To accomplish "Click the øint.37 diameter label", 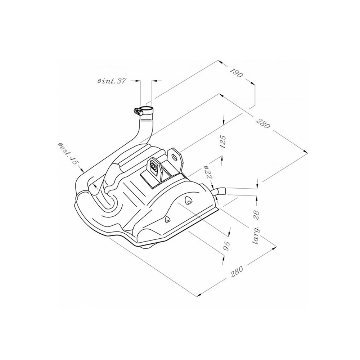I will [111, 82].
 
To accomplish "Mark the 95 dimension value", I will [227, 245].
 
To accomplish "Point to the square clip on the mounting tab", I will [154, 166].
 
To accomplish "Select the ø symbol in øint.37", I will [99, 82].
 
